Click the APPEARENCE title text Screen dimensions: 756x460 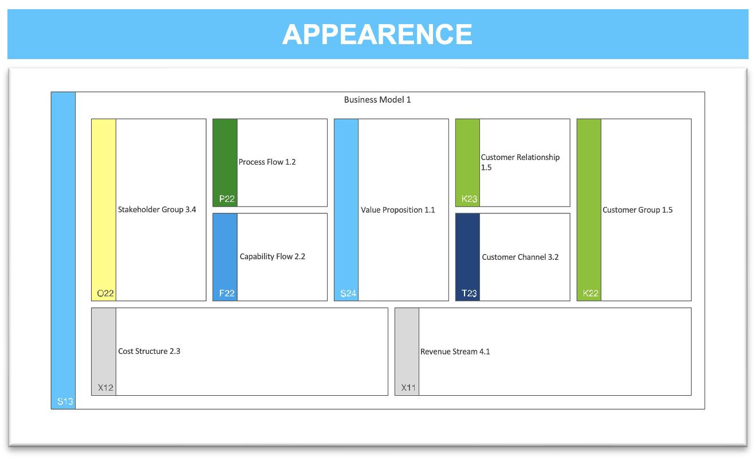coord(377,34)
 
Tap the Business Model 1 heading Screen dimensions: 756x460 coord(377,100)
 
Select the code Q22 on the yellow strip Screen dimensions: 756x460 coord(105,293)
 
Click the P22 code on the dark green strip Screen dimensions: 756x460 coord(227,198)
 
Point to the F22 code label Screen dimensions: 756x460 coord(227,293)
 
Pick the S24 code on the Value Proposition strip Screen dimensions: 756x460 coord(348,293)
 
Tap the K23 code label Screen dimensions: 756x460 coord(470,198)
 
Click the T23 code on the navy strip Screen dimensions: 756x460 coord(469,293)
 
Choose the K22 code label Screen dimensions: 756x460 coord(590,293)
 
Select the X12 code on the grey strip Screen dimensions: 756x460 coord(105,387)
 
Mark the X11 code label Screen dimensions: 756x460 coord(408,387)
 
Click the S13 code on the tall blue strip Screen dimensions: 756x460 coord(65,401)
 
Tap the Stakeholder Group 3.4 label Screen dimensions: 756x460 coord(157,209)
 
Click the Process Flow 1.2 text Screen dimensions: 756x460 coord(267,162)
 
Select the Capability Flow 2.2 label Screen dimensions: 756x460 coord(273,256)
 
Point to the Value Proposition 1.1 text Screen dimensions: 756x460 coord(398,210)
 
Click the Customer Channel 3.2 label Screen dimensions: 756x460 coord(520,257)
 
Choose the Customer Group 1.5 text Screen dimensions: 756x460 coord(637,210)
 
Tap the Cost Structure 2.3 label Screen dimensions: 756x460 coord(149,351)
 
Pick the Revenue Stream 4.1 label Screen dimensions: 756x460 coord(455,352)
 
